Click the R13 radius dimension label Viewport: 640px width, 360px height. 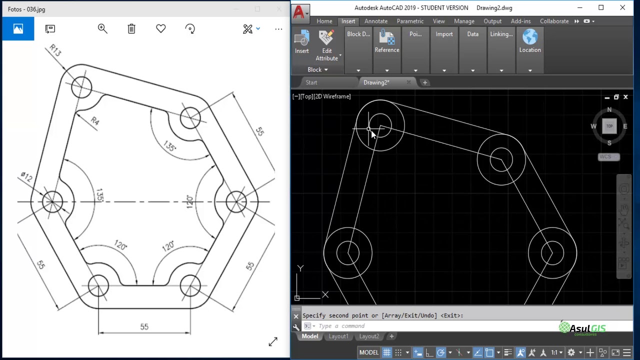coord(55,50)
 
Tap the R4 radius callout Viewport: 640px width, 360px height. coord(95,120)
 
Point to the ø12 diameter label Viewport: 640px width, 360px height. coord(26,177)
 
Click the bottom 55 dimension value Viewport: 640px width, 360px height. coord(144,326)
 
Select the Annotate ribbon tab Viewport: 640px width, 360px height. coord(375,21)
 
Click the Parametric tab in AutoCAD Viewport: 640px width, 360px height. coord(410,21)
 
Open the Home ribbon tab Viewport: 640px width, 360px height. coord(324,21)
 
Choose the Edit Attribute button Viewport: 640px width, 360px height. coord(326,44)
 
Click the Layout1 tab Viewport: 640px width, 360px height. coord(338,336)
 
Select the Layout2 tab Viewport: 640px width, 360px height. coord(369,336)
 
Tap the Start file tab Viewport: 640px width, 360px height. coord(311,82)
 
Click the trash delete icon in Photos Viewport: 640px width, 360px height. coord(131,29)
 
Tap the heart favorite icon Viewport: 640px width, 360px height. coord(160,29)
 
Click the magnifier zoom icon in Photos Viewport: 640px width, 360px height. coord(102,29)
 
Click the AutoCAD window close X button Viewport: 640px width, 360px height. coord(622,8)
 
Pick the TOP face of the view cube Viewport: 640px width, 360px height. coord(609,126)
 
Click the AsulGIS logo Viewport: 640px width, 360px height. coord(582,328)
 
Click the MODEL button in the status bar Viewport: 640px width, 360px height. coord(368,352)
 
